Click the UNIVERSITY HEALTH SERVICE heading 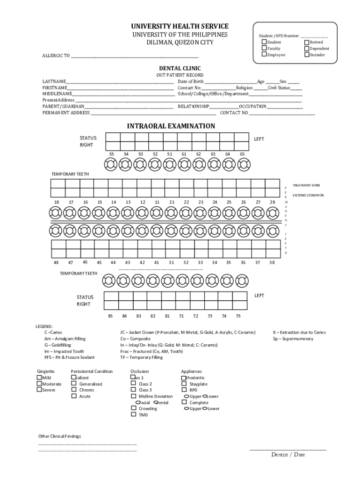click(x=180, y=26)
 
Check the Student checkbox click(x=264, y=42)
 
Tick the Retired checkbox click(x=307, y=42)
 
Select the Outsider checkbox click(x=307, y=55)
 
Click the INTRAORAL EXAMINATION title click(x=171, y=126)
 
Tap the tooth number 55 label click(x=112, y=154)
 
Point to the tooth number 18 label click(x=57, y=202)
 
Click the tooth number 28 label click(x=272, y=202)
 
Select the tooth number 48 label click(x=57, y=262)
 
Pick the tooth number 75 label click(x=238, y=316)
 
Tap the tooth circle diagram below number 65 click(x=243, y=165)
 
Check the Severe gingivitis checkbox click(x=39, y=390)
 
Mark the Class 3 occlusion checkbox click(x=134, y=390)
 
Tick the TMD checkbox click(x=134, y=414)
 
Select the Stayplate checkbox click(x=184, y=384)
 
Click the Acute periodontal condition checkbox click(x=74, y=396)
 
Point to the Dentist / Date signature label click(x=288, y=455)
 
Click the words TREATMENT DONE click(x=306, y=185)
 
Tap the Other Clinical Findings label click(x=59, y=436)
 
